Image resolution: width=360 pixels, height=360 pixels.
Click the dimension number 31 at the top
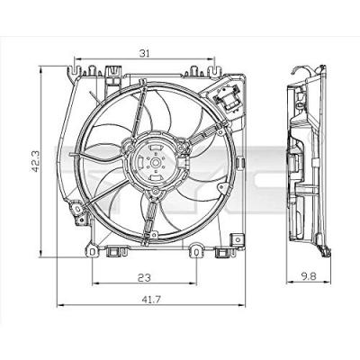[x=146, y=53]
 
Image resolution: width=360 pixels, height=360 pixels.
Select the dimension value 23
[x=145, y=277]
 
